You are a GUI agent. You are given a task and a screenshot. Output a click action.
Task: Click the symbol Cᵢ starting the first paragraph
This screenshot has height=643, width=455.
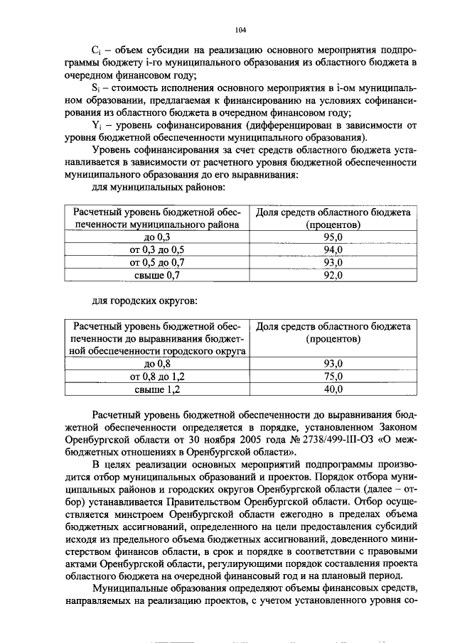click(97, 52)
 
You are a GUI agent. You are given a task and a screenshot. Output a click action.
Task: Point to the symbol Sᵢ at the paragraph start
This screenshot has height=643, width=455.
click(97, 88)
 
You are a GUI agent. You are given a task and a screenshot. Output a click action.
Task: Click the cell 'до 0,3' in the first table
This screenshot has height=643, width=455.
click(157, 237)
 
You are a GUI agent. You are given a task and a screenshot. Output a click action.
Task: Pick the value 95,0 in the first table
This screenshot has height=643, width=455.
click(333, 237)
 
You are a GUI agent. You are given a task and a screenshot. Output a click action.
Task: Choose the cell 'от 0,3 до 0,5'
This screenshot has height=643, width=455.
click(157, 250)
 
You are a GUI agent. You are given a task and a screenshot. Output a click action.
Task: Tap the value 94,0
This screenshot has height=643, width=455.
click(333, 250)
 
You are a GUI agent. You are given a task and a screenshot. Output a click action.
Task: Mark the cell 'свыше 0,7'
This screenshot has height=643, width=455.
click(157, 276)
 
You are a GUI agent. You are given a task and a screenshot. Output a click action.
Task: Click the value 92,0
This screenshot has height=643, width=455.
click(333, 276)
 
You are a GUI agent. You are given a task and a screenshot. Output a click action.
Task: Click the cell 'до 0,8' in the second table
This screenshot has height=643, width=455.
click(157, 364)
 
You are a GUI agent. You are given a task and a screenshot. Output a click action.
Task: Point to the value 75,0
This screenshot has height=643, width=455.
click(333, 377)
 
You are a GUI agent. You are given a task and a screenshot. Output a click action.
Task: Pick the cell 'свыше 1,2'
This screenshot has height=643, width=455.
click(157, 389)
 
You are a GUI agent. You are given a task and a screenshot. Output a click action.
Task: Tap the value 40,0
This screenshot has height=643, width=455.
click(333, 389)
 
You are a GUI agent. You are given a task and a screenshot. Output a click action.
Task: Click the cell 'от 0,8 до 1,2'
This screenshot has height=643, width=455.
click(157, 377)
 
